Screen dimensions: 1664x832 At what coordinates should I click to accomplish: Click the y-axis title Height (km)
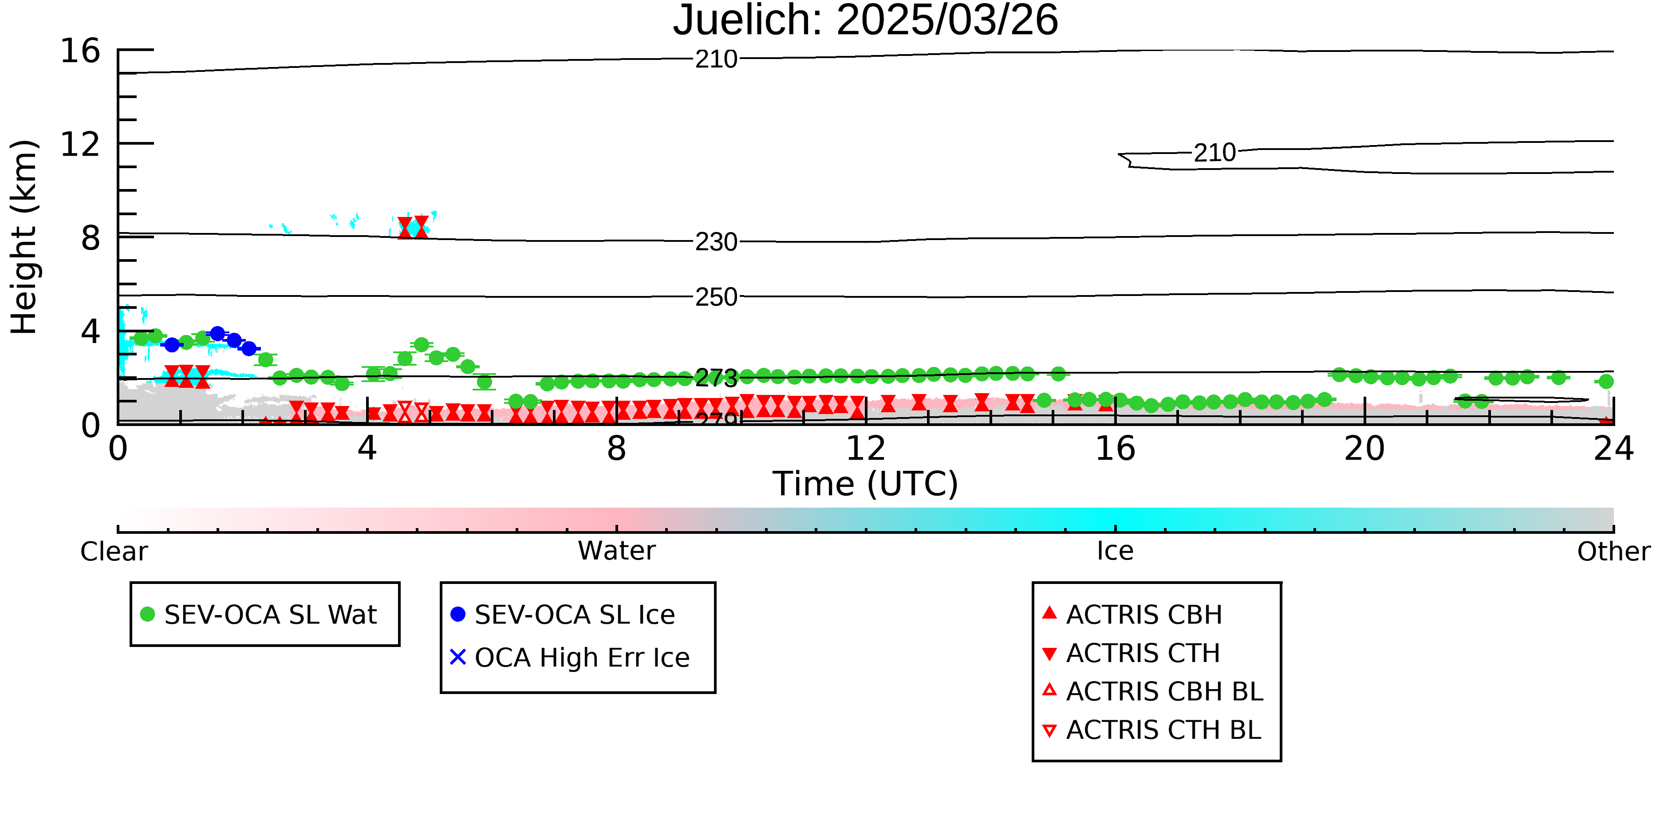(24, 237)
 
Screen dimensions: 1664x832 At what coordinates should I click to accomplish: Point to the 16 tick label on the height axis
(80, 51)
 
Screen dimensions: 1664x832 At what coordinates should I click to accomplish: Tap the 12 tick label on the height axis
(80, 144)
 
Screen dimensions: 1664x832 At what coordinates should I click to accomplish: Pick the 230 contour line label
(716, 242)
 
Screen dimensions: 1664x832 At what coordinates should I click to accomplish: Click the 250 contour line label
(716, 297)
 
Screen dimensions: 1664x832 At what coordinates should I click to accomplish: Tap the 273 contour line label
(716, 379)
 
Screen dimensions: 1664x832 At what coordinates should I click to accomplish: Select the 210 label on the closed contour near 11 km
(1214, 153)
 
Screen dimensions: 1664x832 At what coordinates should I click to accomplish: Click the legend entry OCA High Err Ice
(570, 658)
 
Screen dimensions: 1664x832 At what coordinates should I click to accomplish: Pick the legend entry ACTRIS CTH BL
(1152, 730)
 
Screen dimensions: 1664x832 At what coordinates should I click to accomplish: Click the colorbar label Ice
(1115, 552)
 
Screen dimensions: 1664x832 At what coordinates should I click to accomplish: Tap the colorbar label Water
(617, 552)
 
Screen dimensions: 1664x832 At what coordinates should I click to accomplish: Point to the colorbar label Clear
(114, 552)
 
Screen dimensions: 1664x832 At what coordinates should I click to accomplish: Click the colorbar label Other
(1613, 552)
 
